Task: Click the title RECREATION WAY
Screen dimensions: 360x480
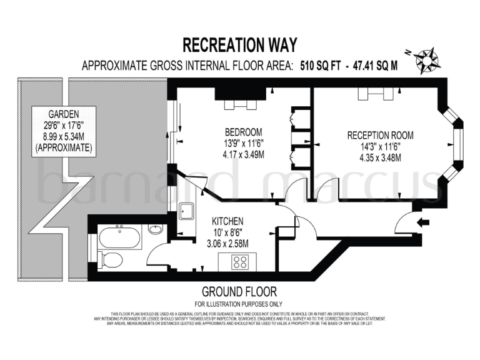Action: [x=240, y=45]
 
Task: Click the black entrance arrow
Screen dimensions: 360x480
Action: [x=426, y=221]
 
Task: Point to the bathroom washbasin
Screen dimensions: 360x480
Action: [x=156, y=230]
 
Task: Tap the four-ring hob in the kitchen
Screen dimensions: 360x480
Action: [x=241, y=262]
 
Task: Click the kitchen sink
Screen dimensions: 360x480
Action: [x=186, y=211]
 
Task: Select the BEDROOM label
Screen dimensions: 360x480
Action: [x=244, y=132]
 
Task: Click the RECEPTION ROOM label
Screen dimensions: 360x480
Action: [x=380, y=136]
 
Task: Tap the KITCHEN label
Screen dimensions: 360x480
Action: [x=227, y=222]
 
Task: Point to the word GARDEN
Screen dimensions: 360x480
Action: [x=64, y=114]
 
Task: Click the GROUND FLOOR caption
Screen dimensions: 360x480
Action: [x=239, y=292]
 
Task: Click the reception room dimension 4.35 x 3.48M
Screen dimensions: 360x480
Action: [x=380, y=157]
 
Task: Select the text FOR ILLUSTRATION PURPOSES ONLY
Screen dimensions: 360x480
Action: [x=239, y=303]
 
